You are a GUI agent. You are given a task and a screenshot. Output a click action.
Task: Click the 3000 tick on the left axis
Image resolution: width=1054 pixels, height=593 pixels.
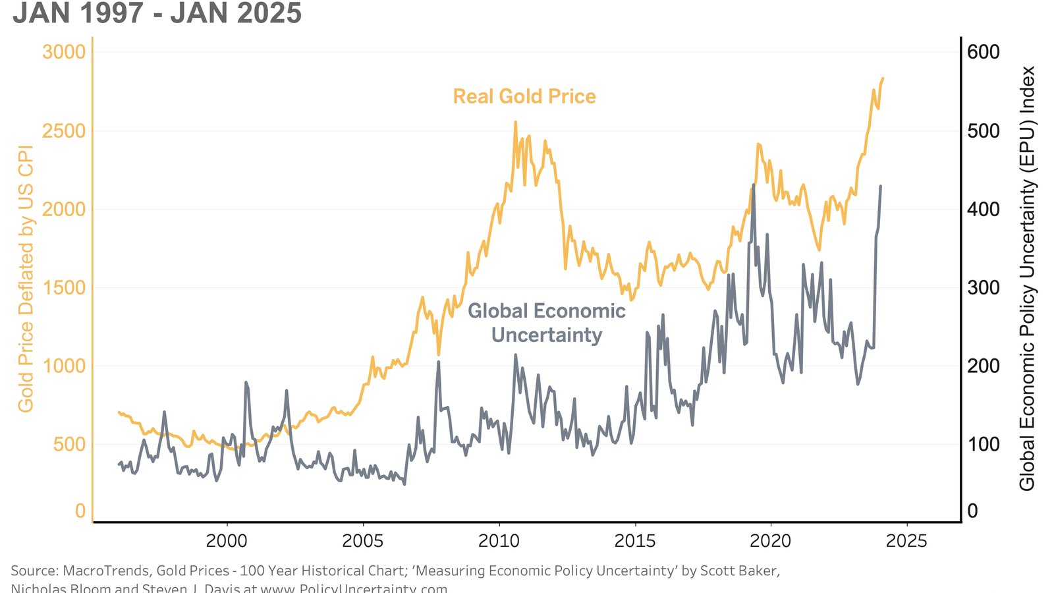click(x=64, y=52)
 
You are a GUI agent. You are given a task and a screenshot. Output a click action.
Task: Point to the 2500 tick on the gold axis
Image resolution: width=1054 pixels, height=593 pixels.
click(x=64, y=131)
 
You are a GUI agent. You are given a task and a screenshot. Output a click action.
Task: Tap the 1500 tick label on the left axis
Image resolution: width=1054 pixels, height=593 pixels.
click(x=64, y=288)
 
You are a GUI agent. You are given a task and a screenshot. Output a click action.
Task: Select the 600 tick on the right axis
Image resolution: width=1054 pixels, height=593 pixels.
click(x=983, y=52)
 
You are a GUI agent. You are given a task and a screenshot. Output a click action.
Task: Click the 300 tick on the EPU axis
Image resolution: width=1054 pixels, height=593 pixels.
click(x=983, y=288)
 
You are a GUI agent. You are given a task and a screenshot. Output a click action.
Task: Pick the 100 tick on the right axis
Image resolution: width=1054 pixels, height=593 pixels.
click(x=983, y=445)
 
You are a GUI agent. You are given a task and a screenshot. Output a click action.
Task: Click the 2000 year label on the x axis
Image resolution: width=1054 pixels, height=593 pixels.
click(x=227, y=541)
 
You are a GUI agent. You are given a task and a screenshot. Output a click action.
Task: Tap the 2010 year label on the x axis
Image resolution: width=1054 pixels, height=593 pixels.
click(x=499, y=541)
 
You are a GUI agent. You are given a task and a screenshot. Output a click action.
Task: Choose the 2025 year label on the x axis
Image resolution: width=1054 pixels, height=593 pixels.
click(x=906, y=541)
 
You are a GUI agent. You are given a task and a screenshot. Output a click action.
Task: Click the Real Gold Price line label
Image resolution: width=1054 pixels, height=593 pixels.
click(x=524, y=97)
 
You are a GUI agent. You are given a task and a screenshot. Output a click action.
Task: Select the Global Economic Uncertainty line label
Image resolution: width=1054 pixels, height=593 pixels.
click(x=547, y=323)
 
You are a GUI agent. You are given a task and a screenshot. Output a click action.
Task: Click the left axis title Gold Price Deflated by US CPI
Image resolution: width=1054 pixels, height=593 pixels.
click(x=26, y=279)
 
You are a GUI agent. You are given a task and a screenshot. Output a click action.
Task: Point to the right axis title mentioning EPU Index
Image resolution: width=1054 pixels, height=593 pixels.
click(x=1027, y=279)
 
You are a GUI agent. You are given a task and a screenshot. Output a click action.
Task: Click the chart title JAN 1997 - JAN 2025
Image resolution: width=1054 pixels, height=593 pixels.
click(x=157, y=13)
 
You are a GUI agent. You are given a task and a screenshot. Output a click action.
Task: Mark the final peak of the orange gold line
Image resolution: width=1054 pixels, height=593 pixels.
click(x=883, y=78)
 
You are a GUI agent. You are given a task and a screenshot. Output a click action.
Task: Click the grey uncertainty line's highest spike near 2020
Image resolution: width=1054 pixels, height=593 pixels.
click(x=754, y=185)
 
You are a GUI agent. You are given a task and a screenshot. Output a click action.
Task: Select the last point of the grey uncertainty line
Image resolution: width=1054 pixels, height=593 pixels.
click(x=881, y=186)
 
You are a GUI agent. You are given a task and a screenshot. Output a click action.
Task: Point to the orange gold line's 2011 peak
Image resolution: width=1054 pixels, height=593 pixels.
click(x=515, y=122)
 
